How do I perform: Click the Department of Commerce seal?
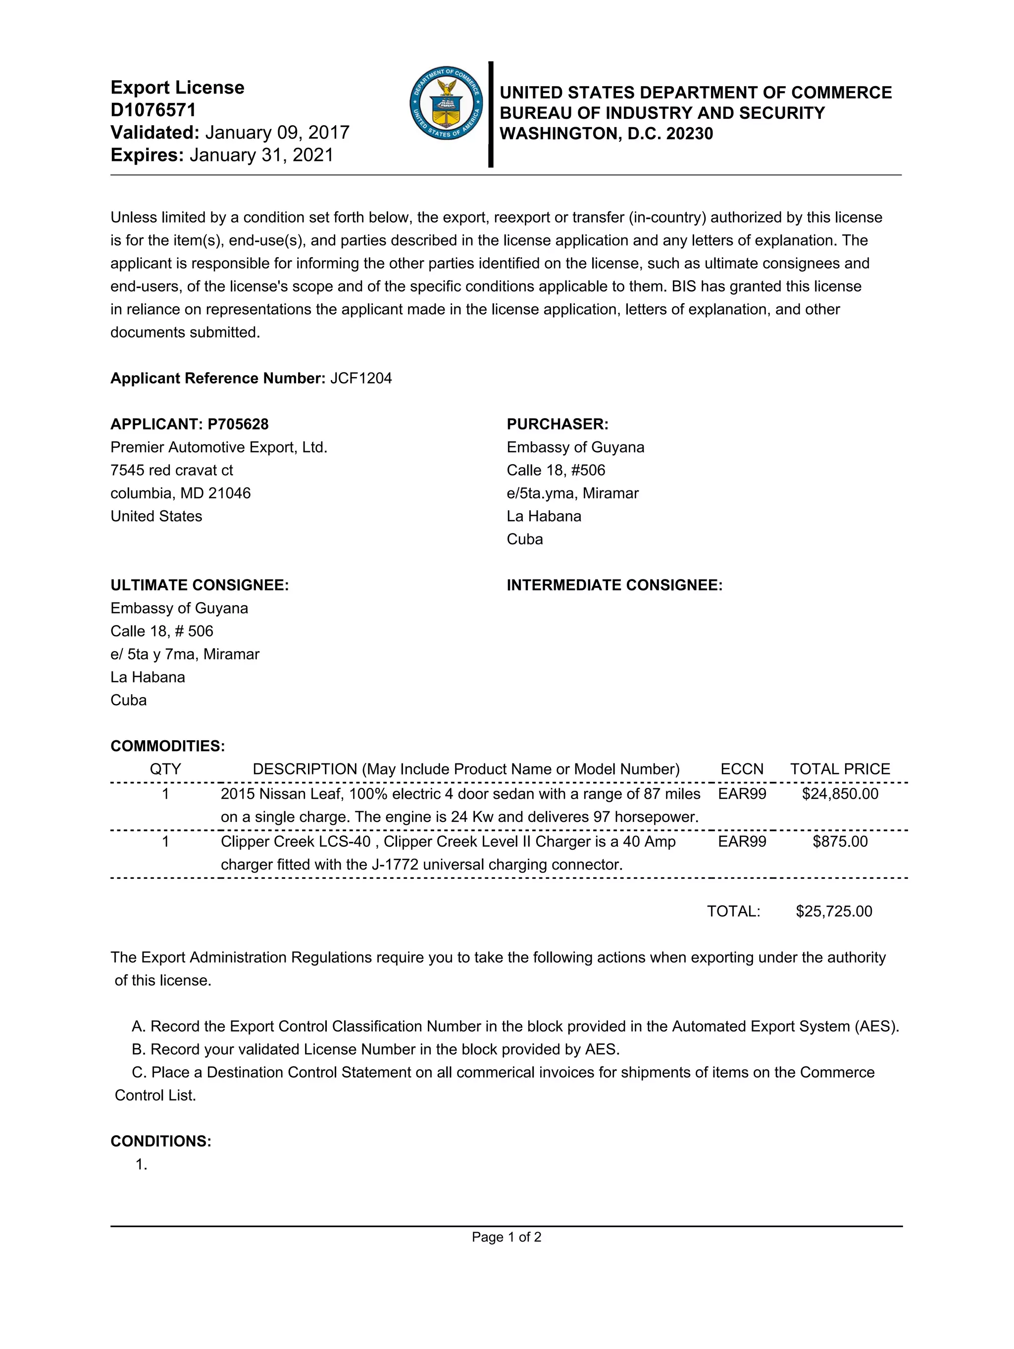click(x=446, y=103)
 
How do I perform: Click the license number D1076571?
click(x=153, y=110)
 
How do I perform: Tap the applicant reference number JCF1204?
click(x=360, y=378)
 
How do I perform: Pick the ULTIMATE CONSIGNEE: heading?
click(x=200, y=585)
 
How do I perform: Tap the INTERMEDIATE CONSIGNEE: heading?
click(x=614, y=585)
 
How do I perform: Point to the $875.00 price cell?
click(x=840, y=842)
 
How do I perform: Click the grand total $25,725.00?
click(x=833, y=911)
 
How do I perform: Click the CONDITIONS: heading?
click(x=160, y=1141)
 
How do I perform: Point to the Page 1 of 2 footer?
click(x=507, y=1237)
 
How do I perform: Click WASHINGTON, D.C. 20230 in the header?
click(x=606, y=134)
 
